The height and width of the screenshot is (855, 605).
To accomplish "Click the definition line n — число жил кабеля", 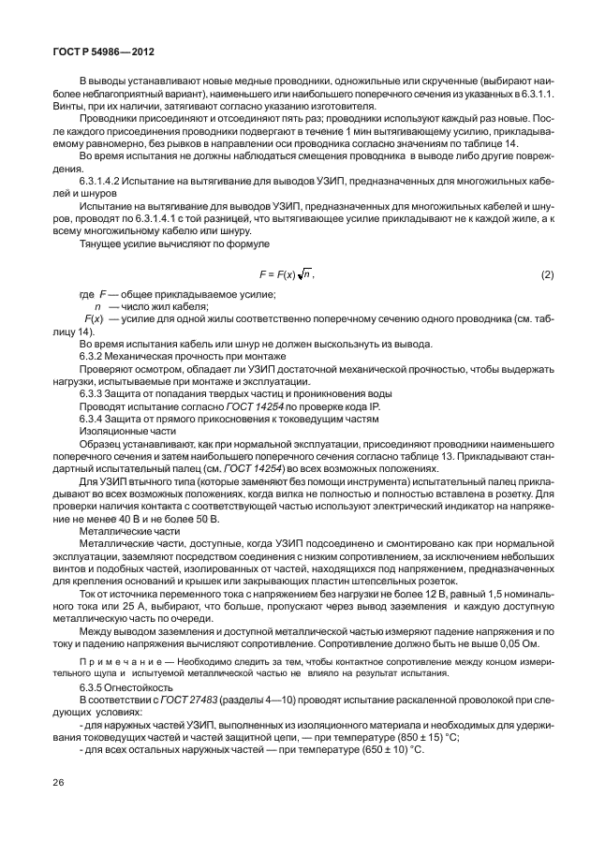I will tap(150, 306).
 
